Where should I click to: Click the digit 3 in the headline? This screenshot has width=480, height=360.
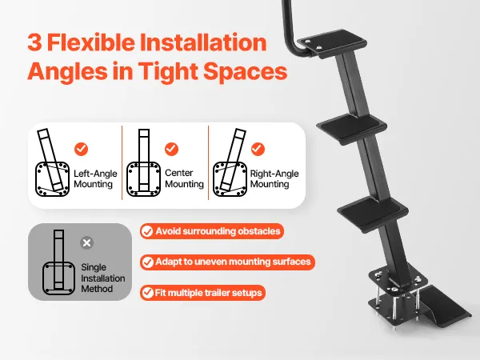point(34,42)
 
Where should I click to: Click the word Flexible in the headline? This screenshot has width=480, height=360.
point(91,42)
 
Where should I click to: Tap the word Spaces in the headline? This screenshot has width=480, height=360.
point(246,71)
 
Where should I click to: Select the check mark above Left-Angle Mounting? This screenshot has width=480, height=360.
point(81,149)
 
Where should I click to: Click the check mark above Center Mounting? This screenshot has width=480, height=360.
point(171,149)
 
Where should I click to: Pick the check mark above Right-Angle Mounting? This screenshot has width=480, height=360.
point(258,149)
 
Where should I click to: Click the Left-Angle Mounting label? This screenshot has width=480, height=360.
point(95,178)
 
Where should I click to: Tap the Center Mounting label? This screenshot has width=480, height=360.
point(184,178)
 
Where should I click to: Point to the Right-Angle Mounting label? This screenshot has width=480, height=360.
point(274,178)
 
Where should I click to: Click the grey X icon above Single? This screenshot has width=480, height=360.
point(87,242)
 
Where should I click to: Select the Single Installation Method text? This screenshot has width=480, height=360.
point(103,278)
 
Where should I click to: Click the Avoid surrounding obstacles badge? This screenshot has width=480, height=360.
point(212,231)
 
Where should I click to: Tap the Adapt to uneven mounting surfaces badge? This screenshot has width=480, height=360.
point(227,262)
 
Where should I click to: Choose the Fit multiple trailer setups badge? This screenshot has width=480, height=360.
point(202,293)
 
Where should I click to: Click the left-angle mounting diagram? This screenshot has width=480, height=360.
point(52,162)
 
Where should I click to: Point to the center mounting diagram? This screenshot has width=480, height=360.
point(143,162)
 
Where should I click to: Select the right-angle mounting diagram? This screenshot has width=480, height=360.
point(230,162)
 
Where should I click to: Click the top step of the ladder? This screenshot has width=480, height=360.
point(332,43)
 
